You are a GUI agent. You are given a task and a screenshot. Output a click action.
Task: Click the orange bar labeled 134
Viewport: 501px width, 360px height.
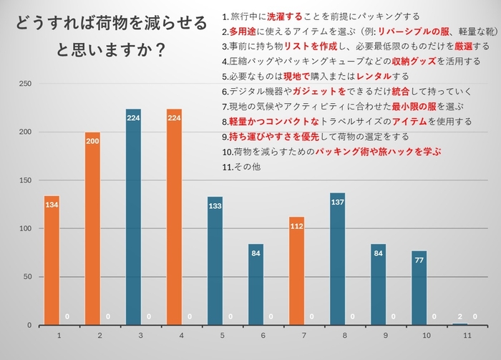(52, 261)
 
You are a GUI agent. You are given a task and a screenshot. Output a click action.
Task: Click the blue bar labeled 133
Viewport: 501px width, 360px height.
(215, 261)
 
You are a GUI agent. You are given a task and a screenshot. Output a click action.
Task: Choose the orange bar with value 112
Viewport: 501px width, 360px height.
(297, 271)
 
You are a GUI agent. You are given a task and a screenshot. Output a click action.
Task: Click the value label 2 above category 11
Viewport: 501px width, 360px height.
(460, 316)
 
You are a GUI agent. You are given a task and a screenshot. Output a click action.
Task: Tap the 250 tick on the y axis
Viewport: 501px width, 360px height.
(26, 84)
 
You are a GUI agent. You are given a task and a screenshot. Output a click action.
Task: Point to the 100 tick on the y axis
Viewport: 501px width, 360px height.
(26, 228)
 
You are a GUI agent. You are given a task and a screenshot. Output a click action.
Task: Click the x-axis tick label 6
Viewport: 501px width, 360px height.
(263, 335)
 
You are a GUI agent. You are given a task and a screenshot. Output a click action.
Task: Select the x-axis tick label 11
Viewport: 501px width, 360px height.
(467, 335)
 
